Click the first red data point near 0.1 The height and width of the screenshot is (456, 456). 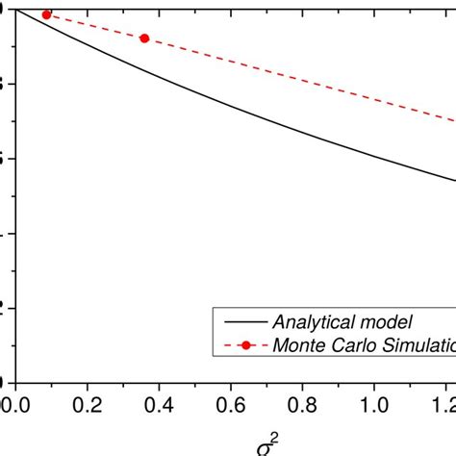tap(46, 14)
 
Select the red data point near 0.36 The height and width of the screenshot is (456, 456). tap(144, 38)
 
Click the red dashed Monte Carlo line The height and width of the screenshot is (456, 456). tap(289, 76)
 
